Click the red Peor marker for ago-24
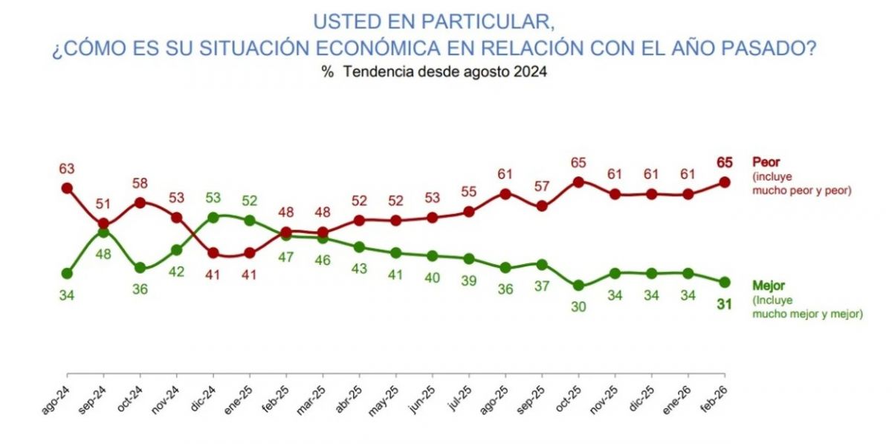(67, 188)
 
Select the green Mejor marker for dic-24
(213, 217)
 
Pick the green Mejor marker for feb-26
(725, 282)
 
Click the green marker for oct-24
(140, 268)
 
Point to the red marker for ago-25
(505, 193)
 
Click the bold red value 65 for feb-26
(725, 162)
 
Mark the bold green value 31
(725, 303)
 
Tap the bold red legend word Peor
(766, 161)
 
